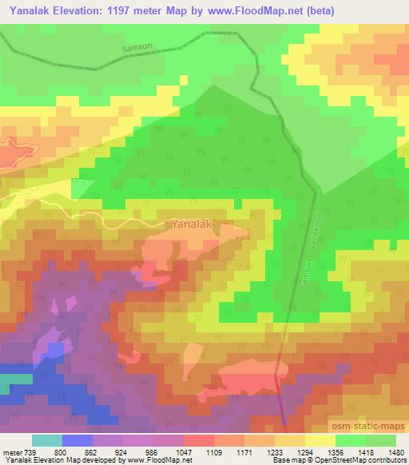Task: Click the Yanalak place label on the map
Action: (x=192, y=225)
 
